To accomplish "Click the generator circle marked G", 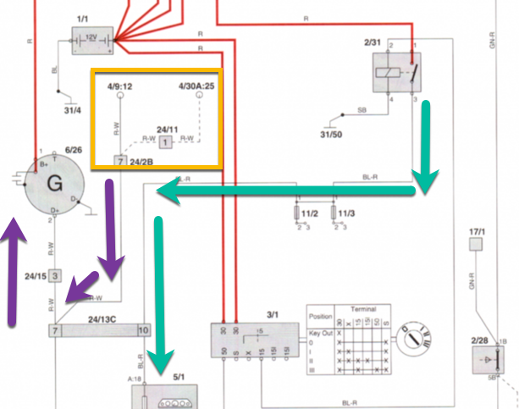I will tap(53, 182).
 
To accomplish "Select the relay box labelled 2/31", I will tap(396, 72).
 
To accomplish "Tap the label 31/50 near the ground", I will tap(336, 135).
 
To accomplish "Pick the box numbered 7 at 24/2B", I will tap(121, 160).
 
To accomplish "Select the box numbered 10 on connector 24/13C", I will tap(143, 329).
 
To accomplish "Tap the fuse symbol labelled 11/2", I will tap(297, 212).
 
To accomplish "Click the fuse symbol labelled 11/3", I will tap(336, 212).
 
